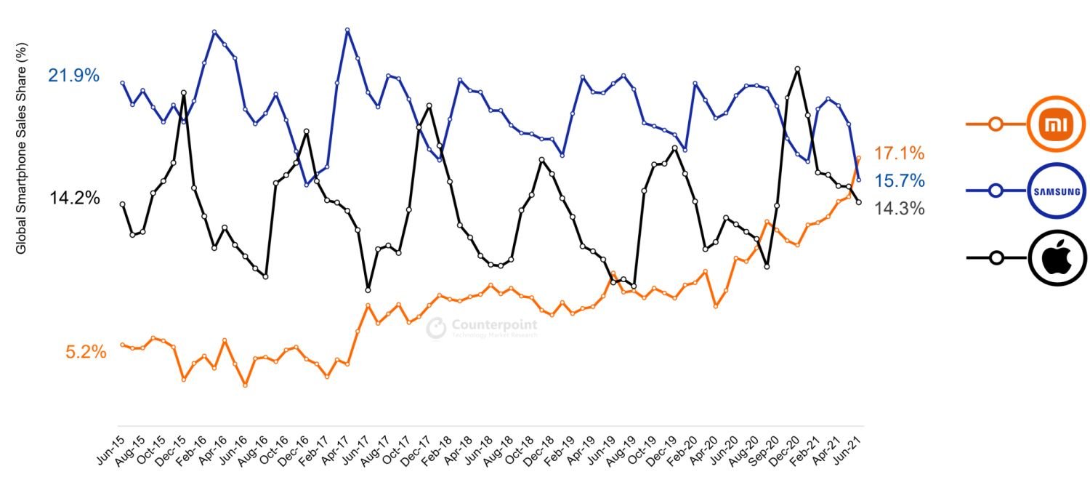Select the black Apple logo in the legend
(1057, 257)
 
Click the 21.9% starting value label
(73, 76)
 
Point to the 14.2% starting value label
(75, 198)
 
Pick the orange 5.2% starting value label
(86, 353)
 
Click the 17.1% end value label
(899, 153)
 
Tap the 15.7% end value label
(899, 180)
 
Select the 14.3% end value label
(899, 209)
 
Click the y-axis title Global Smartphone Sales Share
(21, 148)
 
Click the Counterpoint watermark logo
(481, 328)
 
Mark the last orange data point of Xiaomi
(859, 157)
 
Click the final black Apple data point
(859, 202)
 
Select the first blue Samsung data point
(122, 83)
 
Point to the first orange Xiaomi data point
(122, 345)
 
